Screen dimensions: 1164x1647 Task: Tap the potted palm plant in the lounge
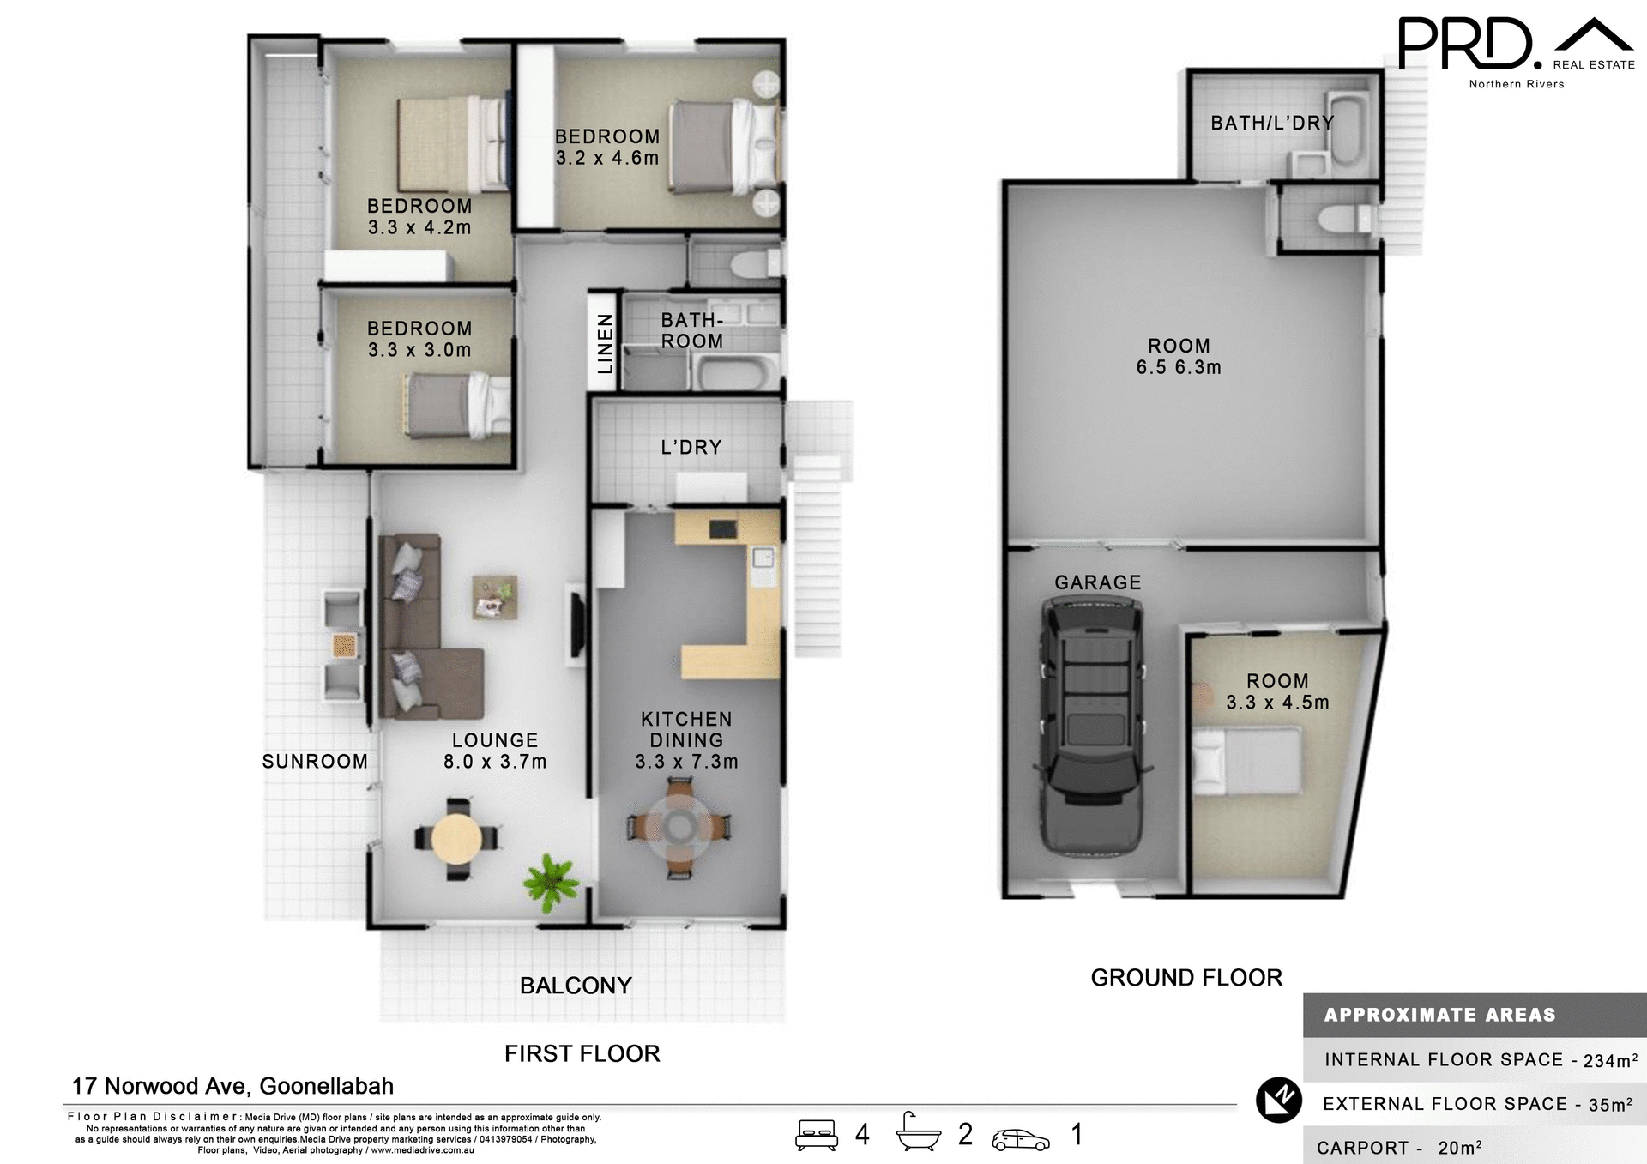(x=550, y=881)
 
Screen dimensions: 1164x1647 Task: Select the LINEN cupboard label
(x=606, y=343)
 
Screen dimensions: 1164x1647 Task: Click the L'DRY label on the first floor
(x=691, y=447)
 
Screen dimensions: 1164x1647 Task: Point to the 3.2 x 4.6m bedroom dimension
(x=606, y=158)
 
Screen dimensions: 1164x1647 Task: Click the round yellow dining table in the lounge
(x=456, y=838)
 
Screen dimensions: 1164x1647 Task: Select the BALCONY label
(x=576, y=986)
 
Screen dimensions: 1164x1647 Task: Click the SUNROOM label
(x=315, y=761)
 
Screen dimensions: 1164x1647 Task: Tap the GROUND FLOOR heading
(x=1185, y=977)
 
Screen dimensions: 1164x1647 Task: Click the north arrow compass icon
(x=1278, y=1101)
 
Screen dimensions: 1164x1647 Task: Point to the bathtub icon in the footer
(x=918, y=1134)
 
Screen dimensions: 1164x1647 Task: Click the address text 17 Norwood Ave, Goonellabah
(x=232, y=1086)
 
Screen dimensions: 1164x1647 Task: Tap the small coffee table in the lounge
(x=494, y=597)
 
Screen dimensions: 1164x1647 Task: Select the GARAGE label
(x=1097, y=582)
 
